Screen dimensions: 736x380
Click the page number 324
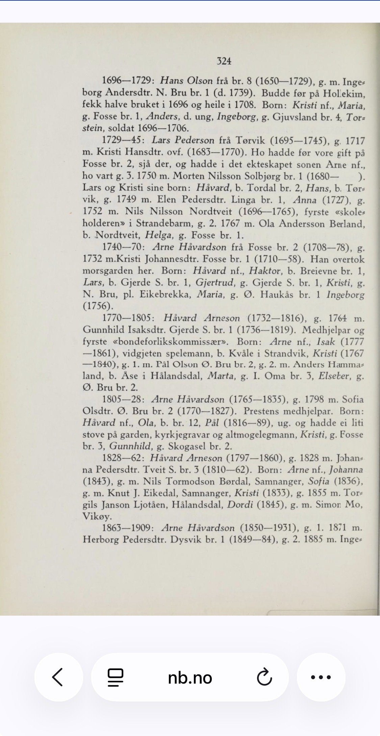(224, 61)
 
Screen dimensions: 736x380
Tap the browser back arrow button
(58, 677)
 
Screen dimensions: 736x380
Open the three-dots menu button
(321, 677)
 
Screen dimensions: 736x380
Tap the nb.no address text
(190, 678)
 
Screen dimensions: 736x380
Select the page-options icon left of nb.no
(116, 677)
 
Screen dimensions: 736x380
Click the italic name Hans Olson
(186, 81)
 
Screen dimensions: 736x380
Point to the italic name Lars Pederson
(183, 140)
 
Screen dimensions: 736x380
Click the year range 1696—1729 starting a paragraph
(128, 81)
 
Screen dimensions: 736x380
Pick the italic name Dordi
(240, 504)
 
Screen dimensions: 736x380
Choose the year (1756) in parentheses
(98, 306)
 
